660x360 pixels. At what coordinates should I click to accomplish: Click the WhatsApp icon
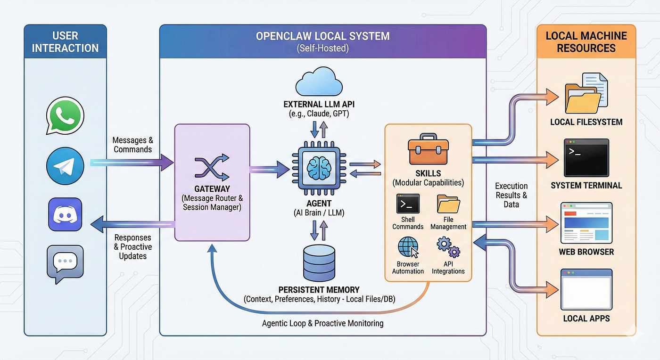[65, 116]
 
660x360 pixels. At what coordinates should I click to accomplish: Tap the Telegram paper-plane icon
[65, 165]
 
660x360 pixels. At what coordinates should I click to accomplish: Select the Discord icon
[65, 214]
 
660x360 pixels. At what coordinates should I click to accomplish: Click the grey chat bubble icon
[65, 263]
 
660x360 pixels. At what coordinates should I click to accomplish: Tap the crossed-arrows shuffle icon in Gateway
[212, 168]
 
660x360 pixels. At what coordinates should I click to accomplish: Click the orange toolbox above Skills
[428, 150]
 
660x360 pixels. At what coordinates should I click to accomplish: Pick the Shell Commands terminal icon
[408, 204]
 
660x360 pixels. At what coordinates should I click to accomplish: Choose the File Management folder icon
[448, 204]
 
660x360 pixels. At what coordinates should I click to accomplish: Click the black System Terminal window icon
[586, 157]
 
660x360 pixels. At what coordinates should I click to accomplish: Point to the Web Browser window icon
[586, 222]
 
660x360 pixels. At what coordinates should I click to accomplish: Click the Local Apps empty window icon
[586, 288]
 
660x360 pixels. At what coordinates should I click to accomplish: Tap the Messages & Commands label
[132, 145]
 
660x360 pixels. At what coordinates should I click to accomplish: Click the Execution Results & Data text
[511, 195]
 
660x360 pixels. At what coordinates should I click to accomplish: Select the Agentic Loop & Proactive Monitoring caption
[322, 323]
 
